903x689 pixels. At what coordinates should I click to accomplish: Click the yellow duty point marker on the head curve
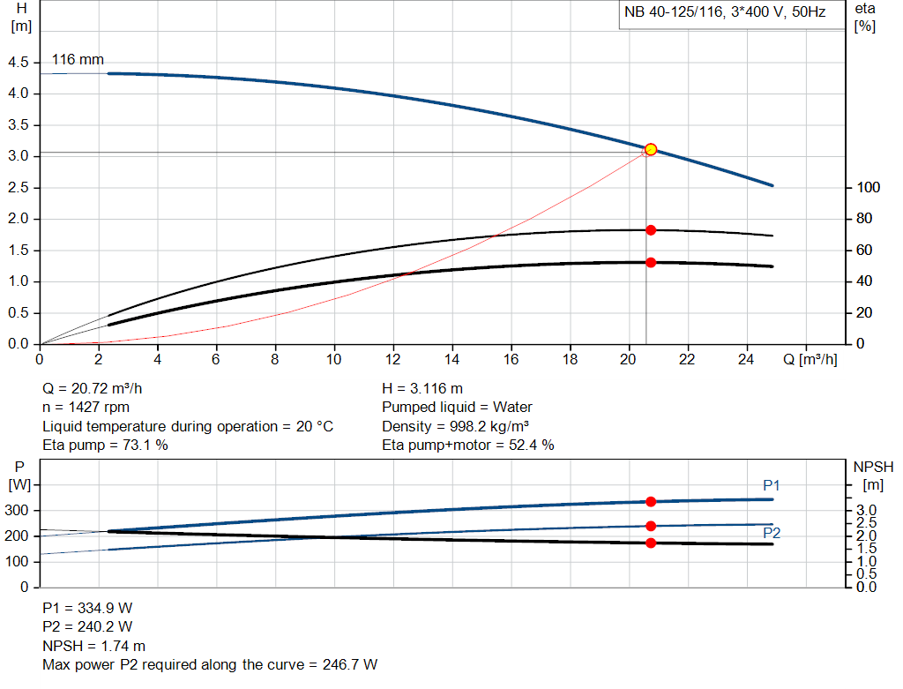click(x=651, y=149)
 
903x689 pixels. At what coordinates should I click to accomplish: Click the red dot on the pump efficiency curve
click(x=651, y=230)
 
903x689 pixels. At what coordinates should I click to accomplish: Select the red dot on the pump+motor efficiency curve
click(x=651, y=262)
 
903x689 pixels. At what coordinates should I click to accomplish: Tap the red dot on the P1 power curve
click(x=651, y=501)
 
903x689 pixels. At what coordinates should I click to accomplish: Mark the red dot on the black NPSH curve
click(x=651, y=543)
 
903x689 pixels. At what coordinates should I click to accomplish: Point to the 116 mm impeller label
click(x=78, y=60)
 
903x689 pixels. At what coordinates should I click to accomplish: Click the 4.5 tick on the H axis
click(x=18, y=63)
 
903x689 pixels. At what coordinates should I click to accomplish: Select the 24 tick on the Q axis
click(x=747, y=359)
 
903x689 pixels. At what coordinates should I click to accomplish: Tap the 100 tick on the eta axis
click(x=869, y=188)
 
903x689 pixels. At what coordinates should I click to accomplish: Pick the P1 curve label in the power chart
click(x=772, y=486)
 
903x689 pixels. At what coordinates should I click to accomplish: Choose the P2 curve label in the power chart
click(x=772, y=533)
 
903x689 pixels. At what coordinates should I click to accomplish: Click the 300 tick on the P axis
click(x=18, y=511)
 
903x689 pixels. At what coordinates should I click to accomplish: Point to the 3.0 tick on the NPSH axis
click(x=866, y=511)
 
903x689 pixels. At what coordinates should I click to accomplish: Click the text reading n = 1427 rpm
click(x=86, y=408)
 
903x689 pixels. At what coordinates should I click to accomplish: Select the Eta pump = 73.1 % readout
click(x=105, y=445)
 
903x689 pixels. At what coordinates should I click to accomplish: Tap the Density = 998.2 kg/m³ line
click(x=455, y=426)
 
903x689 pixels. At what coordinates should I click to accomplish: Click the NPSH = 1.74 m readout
click(x=94, y=646)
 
